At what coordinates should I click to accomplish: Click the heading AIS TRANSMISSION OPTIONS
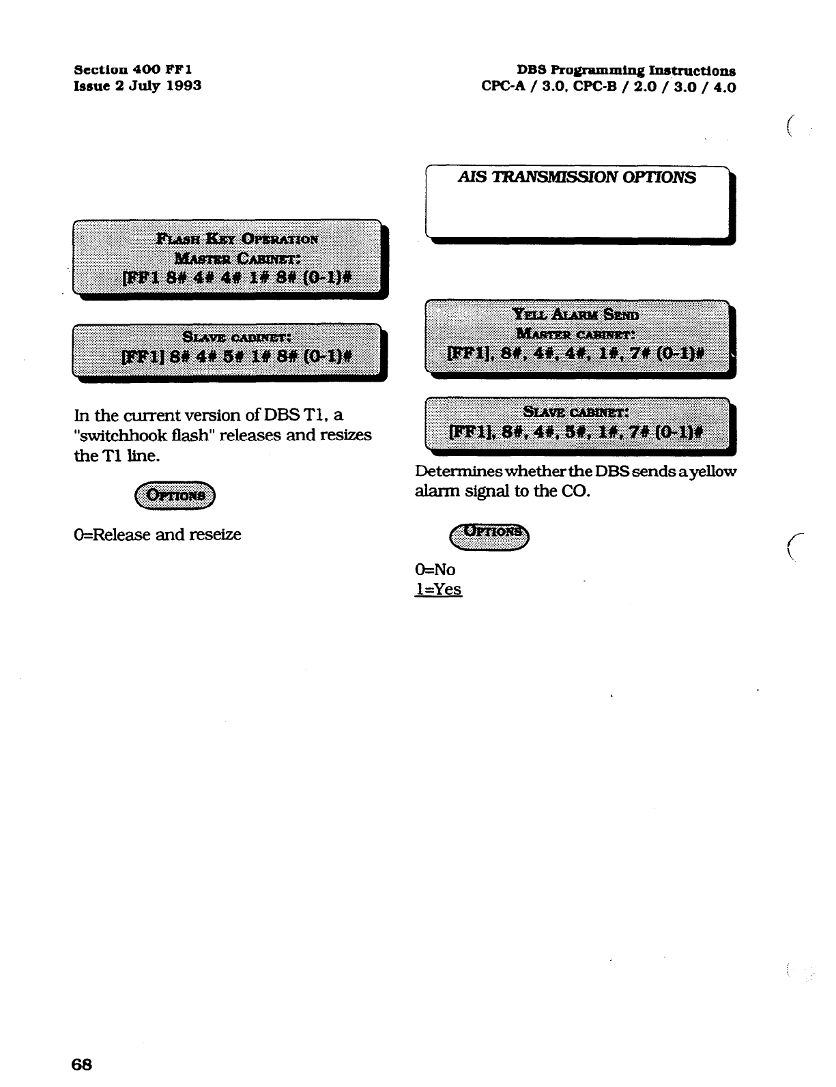pos(577,178)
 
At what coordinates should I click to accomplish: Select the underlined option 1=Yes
pos(438,589)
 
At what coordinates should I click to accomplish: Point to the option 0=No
pos(435,569)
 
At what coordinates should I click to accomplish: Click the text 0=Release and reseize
pos(157,534)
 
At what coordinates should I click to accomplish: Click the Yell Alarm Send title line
pos(576,315)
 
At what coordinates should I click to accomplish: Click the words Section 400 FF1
pos(132,70)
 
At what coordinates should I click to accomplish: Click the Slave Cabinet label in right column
pos(576,412)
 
